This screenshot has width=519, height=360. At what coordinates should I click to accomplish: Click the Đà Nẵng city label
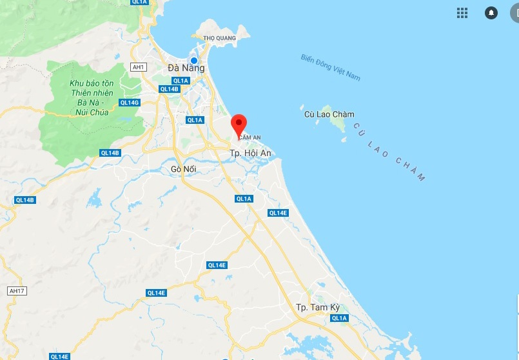click(186, 68)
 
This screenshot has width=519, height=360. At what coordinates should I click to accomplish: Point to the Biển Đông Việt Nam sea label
click(330, 67)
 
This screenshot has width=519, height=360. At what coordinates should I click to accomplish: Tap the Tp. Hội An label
click(251, 152)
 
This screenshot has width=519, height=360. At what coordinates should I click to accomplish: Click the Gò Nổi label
click(183, 169)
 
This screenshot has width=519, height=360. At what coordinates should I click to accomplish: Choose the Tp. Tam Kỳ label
click(317, 307)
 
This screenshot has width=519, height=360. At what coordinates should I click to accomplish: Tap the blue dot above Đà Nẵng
click(193, 61)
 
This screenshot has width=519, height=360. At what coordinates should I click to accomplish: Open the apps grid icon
click(462, 13)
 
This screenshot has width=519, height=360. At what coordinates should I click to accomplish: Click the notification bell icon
click(491, 13)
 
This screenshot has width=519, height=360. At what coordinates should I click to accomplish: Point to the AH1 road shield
click(139, 67)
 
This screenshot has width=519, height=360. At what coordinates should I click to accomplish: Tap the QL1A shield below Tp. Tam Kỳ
click(339, 318)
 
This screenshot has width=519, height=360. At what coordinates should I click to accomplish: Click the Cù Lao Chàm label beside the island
click(329, 114)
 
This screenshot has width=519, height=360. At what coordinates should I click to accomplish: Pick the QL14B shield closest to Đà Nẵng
click(169, 89)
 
